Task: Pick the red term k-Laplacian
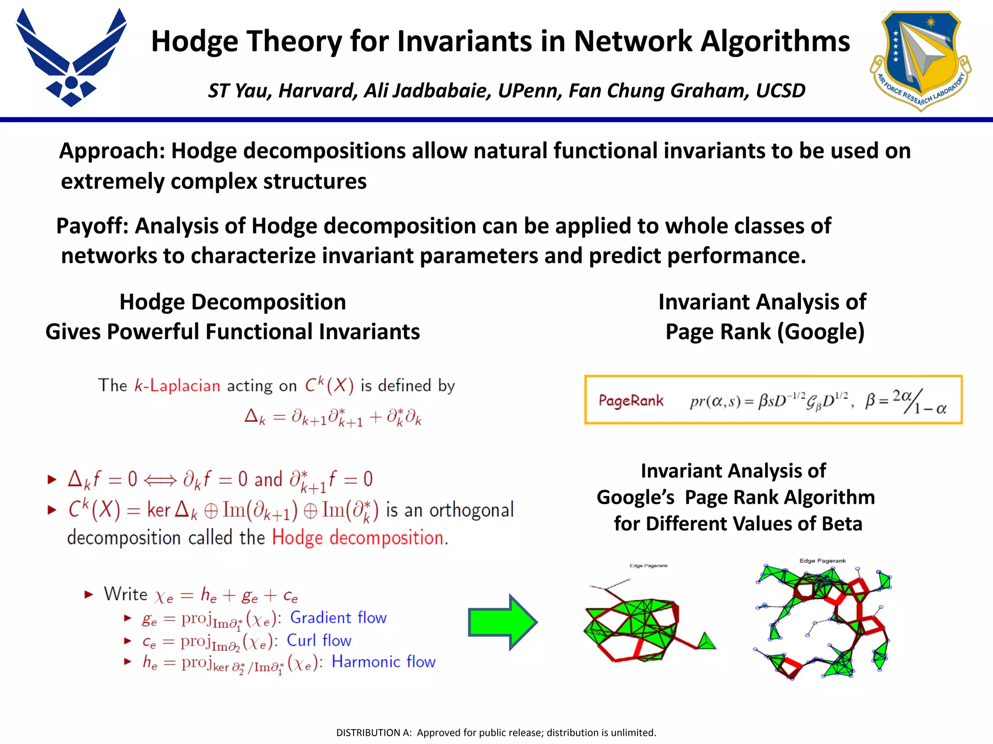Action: click(x=177, y=386)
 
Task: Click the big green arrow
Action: click(x=502, y=622)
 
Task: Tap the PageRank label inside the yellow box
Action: click(x=631, y=401)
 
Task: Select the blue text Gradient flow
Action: click(x=338, y=618)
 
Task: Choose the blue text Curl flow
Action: click(x=319, y=640)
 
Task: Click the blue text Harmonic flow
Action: click(x=383, y=662)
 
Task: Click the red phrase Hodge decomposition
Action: click(x=358, y=538)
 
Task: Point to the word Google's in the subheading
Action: click(x=635, y=497)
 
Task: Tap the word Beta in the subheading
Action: click(x=842, y=524)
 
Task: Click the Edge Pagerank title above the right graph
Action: click(x=822, y=561)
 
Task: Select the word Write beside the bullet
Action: click(x=126, y=594)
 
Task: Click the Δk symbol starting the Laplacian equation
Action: click(x=255, y=417)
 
